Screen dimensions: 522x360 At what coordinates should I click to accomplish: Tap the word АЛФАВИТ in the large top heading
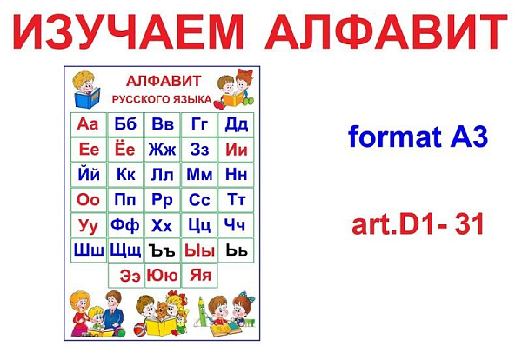coord(386,31)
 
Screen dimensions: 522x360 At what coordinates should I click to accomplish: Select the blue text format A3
coord(418,137)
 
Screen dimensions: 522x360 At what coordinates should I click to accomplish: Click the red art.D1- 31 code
coord(418,224)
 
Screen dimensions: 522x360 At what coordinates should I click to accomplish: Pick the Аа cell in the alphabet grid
coord(89,124)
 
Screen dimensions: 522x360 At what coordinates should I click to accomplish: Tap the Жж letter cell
coord(163,150)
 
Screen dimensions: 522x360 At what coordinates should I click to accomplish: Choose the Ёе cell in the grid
coord(125,150)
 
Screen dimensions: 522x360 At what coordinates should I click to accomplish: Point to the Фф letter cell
coord(125,225)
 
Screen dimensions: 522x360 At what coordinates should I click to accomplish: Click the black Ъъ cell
coord(163,250)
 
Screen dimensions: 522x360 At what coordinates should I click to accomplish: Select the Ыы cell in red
coord(199,250)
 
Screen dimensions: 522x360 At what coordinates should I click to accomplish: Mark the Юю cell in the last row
coord(163,276)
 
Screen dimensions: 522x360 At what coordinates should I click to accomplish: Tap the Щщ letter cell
coord(125,250)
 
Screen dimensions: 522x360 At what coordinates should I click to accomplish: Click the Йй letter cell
coord(89,175)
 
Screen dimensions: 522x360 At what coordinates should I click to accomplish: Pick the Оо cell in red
coord(89,200)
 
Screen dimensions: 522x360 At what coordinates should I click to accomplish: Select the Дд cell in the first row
coord(236,124)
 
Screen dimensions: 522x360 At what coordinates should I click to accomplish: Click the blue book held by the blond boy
coord(87,97)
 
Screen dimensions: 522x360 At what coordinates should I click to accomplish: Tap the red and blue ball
coord(140,329)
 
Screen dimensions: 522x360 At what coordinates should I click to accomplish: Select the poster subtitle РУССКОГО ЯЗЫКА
coord(162,99)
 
